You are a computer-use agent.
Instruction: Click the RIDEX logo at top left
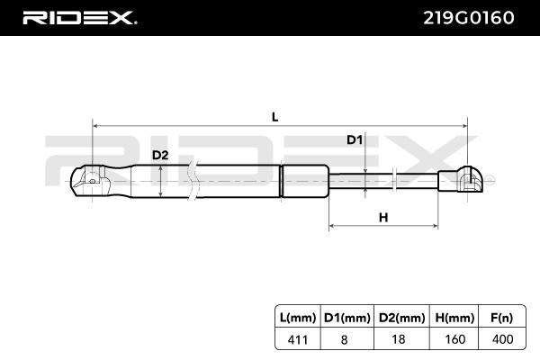click(x=78, y=18)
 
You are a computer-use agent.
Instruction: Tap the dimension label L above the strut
click(x=274, y=117)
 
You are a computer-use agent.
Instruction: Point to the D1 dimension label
click(x=355, y=140)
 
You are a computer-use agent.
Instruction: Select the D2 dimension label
click(x=159, y=155)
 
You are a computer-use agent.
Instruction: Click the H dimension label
click(x=382, y=218)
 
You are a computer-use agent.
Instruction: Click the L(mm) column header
click(x=298, y=317)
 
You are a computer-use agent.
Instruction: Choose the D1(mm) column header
click(x=346, y=317)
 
